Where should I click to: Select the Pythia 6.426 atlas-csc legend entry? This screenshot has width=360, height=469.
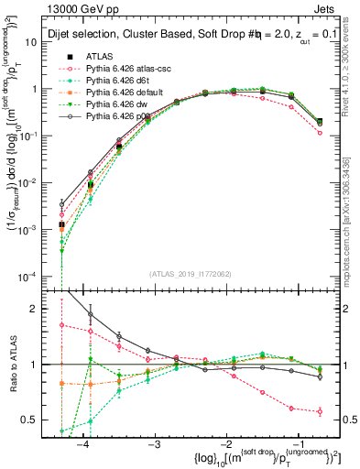(122, 68)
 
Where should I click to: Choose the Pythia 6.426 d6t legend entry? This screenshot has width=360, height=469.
(115, 80)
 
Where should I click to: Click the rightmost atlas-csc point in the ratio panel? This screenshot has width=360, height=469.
(320, 411)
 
